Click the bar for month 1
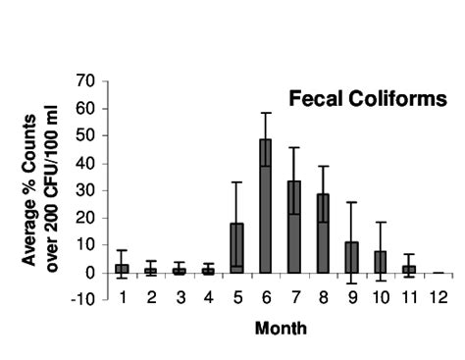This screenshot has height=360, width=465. (123, 269)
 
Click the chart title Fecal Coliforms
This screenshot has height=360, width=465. (367, 99)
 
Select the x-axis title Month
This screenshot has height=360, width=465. (280, 329)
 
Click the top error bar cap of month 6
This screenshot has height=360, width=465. (265, 113)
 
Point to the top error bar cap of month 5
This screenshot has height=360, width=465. (236, 181)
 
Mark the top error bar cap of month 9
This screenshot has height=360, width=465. (350, 202)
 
